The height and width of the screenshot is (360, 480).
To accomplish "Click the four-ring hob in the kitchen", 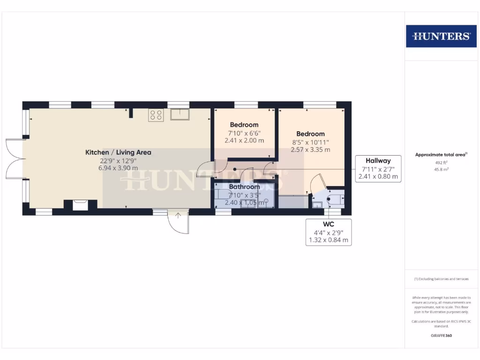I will point(156,115).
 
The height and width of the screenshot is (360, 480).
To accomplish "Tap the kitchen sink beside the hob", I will point(180,114).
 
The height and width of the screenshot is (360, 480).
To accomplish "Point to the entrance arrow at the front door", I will point(178,216).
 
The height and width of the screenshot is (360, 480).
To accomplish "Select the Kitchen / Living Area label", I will point(118,152).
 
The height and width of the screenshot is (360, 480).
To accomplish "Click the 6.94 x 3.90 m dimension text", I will point(118,168).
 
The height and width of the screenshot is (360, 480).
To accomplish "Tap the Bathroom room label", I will point(244,187).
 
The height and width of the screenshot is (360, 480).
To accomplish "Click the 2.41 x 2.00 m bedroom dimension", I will point(244,140).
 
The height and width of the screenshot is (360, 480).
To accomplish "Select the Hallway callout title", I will point(378,161).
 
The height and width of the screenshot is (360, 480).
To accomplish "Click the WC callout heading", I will point(328,224).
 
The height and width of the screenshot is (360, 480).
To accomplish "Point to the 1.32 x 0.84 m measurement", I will point(328,240).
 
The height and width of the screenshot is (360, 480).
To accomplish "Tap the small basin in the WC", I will point(317,204).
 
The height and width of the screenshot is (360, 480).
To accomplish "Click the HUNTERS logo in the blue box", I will point(441,36).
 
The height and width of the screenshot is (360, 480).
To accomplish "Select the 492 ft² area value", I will point(441,163).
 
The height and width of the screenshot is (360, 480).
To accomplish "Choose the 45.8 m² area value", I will point(441,170).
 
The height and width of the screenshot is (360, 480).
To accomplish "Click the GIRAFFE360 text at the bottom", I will point(441,336).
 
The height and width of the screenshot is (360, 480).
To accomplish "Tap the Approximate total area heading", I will point(441,154).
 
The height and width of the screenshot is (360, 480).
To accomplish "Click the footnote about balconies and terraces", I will point(441,279).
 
